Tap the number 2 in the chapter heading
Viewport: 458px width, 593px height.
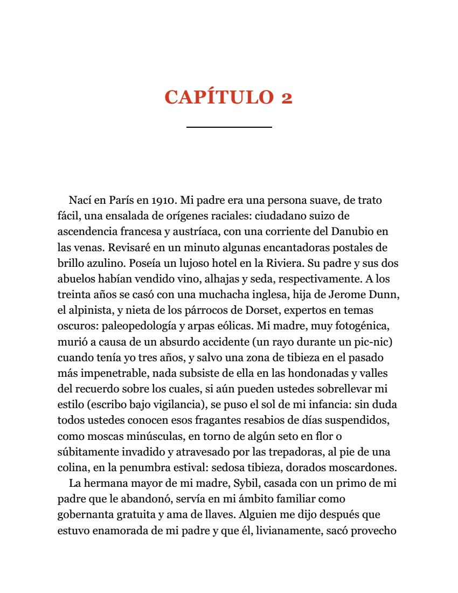coord(286,98)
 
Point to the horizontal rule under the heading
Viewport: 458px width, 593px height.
coord(229,127)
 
